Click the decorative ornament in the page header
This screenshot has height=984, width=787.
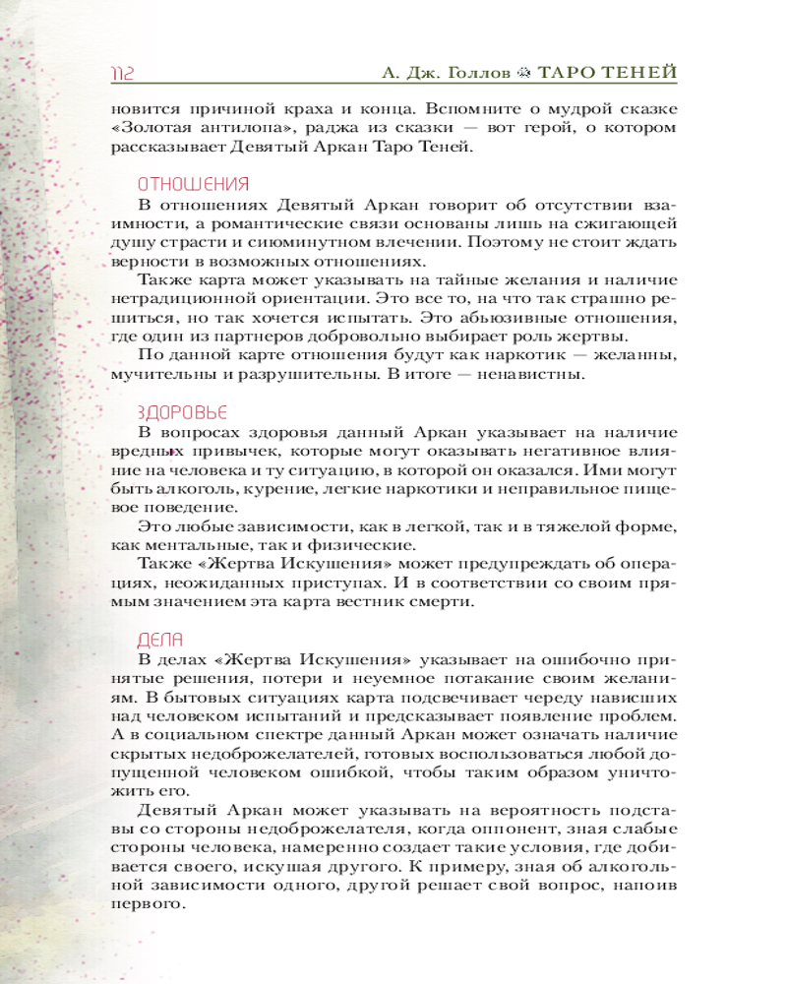(527, 74)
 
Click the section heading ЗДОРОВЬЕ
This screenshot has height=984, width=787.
(182, 411)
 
